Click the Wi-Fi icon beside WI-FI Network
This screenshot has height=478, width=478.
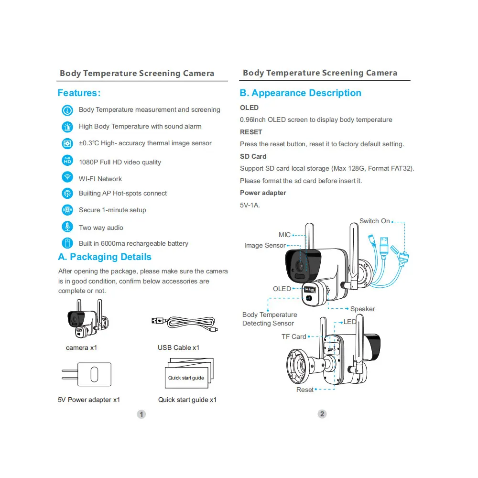(x=67, y=177)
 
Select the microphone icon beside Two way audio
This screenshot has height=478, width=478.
(x=67, y=227)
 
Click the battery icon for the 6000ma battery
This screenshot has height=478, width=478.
(x=67, y=243)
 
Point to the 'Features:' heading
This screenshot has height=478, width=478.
(x=79, y=93)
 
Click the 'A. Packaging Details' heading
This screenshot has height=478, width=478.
(x=105, y=257)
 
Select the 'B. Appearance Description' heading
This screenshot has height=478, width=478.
(x=300, y=93)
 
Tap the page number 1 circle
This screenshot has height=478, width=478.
(x=141, y=414)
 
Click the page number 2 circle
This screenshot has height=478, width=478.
(x=322, y=414)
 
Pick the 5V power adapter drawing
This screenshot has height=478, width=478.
(x=87, y=374)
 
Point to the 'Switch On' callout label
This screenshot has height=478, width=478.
(x=375, y=221)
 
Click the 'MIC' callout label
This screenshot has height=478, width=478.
(x=284, y=235)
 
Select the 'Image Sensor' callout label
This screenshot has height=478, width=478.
(x=265, y=245)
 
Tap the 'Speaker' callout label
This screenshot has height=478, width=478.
(x=362, y=309)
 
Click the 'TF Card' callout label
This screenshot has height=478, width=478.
(x=293, y=337)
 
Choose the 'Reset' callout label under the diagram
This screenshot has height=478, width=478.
(x=305, y=390)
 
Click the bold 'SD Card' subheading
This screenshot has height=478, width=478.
(x=253, y=156)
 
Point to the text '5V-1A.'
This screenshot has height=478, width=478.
(x=250, y=205)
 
